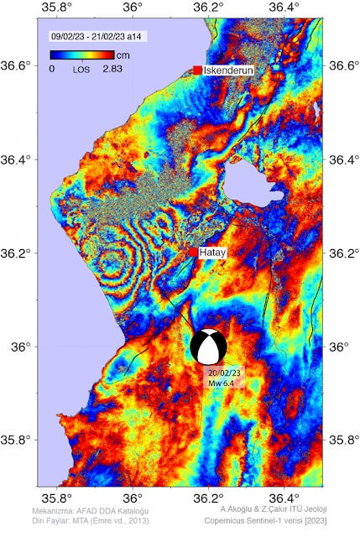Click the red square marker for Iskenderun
(x=197, y=70)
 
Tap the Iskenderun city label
(x=228, y=70)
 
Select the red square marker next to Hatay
(x=193, y=252)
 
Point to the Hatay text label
(x=214, y=252)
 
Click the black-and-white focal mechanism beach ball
(x=208, y=346)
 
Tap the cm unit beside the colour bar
(x=123, y=55)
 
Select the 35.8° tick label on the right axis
(x=345, y=440)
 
